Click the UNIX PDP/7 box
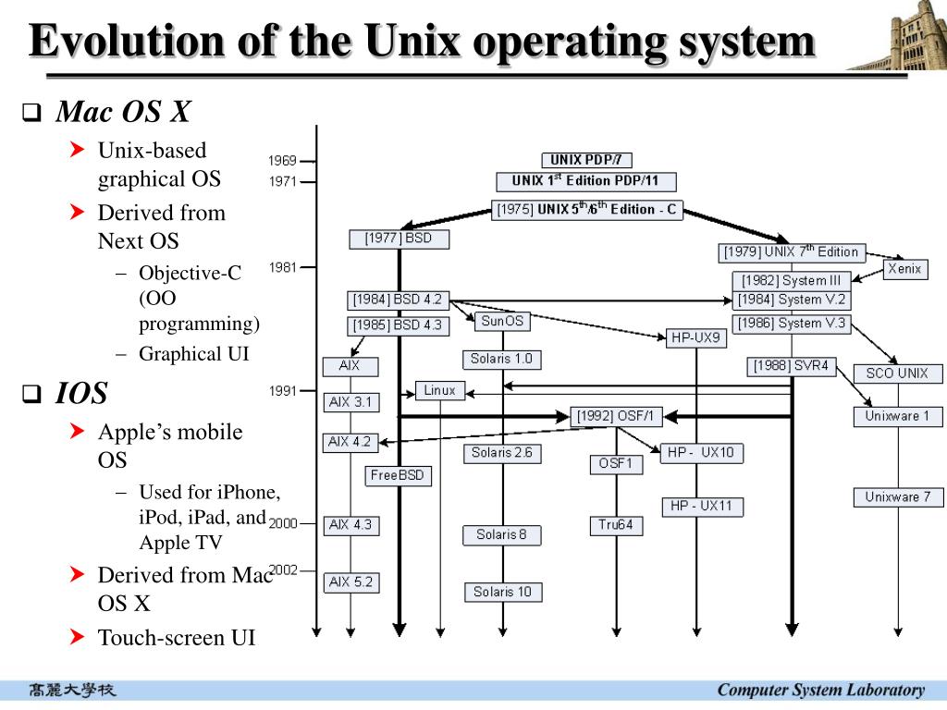pos(585,160)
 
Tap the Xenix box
pos(904,269)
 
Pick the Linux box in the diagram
pos(439,390)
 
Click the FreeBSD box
pos(398,475)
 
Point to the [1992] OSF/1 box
pos(616,416)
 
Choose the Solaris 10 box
pos(502,592)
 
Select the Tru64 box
pos(615,525)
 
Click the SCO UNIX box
pos(896,373)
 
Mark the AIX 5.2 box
pos(351,582)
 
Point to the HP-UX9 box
pos(695,338)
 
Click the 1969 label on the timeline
pos(283,161)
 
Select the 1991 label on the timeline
pos(283,391)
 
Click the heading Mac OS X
pos(123,113)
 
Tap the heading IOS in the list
pos(81,394)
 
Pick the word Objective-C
pos(190,273)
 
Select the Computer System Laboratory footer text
pos(820,690)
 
